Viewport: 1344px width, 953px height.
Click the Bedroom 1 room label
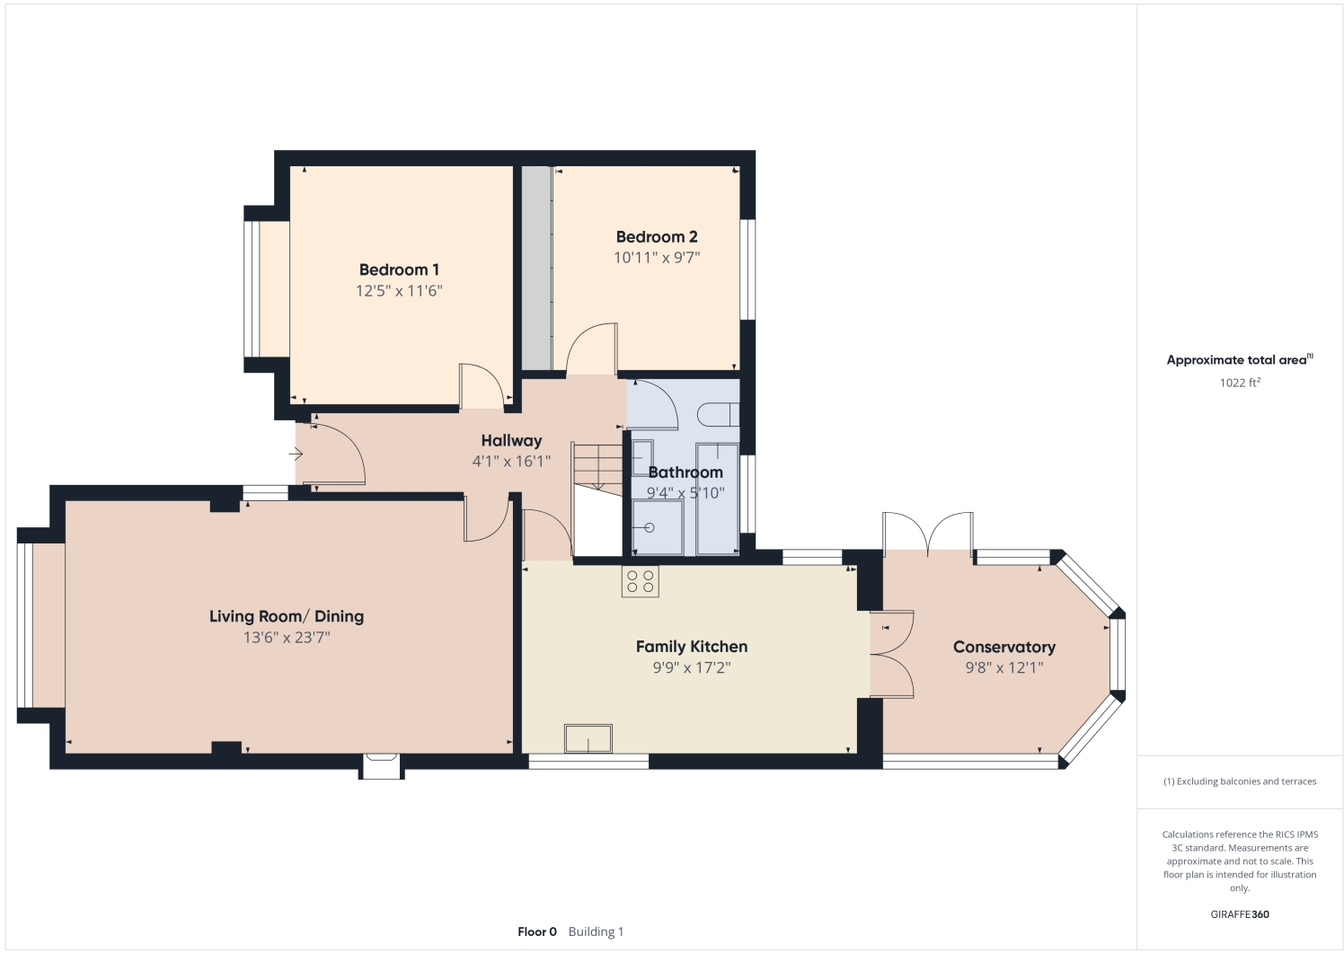click(399, 269)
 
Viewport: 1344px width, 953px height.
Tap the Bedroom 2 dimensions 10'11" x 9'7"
click(657, 257)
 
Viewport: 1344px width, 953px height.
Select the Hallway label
click(511, 441)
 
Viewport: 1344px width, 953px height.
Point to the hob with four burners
click(641, 581)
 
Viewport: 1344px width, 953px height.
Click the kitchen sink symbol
click(588, 738)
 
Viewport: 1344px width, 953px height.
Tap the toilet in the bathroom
click(718, 414)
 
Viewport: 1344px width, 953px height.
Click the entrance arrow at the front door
click(296, 454)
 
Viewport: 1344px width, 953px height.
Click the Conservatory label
click(1004, 647)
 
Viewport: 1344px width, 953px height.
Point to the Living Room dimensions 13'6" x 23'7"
click(287, 637)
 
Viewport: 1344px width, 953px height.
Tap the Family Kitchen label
click(692, 647)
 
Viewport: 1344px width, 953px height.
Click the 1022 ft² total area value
click(1240, 383)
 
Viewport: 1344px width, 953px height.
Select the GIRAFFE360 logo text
click(1240, 914)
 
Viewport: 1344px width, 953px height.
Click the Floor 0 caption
click(537, 931)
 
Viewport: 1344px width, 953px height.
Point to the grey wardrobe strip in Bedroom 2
click(536, 268)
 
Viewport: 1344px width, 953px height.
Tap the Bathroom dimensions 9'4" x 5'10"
click(685, 493)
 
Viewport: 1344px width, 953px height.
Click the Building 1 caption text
click(596, 931)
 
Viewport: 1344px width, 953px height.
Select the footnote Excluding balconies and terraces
click(1240, 781)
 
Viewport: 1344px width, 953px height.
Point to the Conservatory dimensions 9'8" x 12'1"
click(1004, 667)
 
